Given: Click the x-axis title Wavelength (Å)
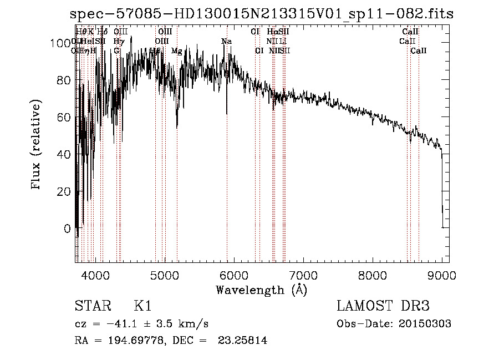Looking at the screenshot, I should pyautogui.click(x=261, y=290).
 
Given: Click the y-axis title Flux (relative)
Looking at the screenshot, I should pyautogui.click(x=37, y=145).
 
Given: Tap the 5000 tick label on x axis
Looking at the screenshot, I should pyautogui.click(x=165, y=275).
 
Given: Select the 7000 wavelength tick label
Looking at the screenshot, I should pyautogui.click(x=303, y=275).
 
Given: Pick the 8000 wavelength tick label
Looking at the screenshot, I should pyautogui.click(x=373, y=275).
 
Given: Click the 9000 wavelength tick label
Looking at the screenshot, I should pyautogui.click(x=442, y=275).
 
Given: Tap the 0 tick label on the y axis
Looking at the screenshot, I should pyautogui.click(x=67, y=228).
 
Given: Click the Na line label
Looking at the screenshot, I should pyautogui.click(x=226, y=42).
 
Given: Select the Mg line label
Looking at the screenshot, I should pyautogui.click(x=176, y=51).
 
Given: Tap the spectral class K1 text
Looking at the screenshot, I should pyautogui.click(x=142, y=306).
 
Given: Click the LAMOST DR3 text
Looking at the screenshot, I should pyautogui.click(x=383, y=306).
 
